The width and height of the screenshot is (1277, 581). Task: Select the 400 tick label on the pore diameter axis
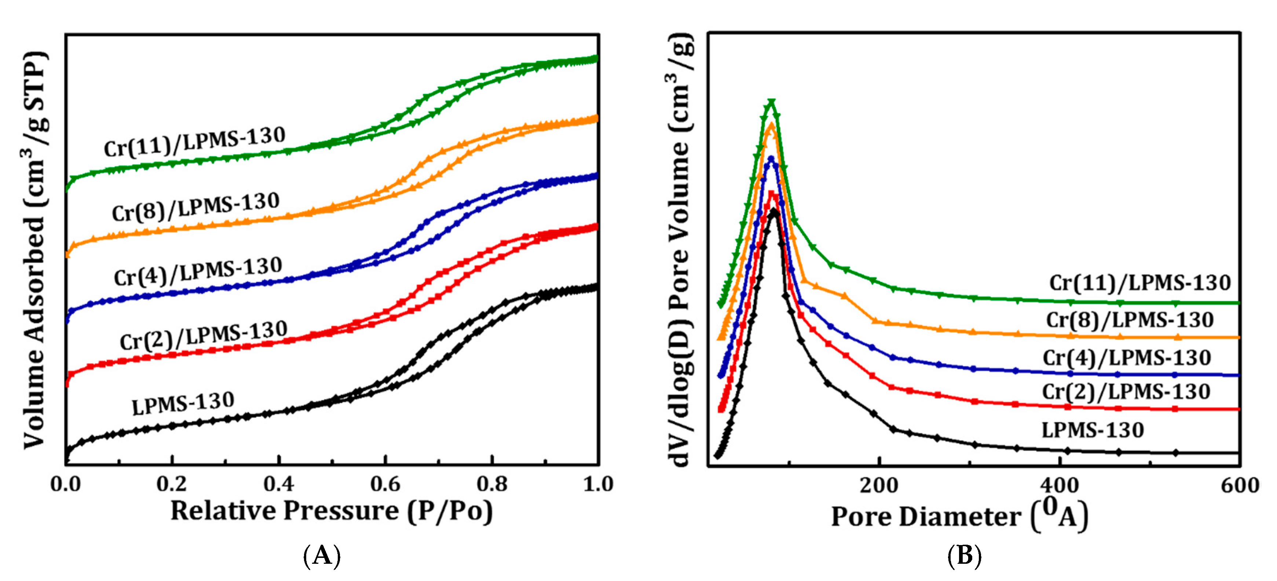point(1060,485)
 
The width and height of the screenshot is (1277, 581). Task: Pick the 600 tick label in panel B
point(1239,485)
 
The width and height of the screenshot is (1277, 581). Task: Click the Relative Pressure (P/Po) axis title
point(331,511)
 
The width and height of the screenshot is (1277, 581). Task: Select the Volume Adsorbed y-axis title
point(36,251)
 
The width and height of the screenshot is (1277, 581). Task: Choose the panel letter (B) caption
point(964,556)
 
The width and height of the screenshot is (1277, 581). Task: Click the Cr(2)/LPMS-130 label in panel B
point(1126,392)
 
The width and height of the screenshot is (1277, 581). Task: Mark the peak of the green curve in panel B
point(771,103)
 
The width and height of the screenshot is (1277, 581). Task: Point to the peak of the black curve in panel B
point(773,212)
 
